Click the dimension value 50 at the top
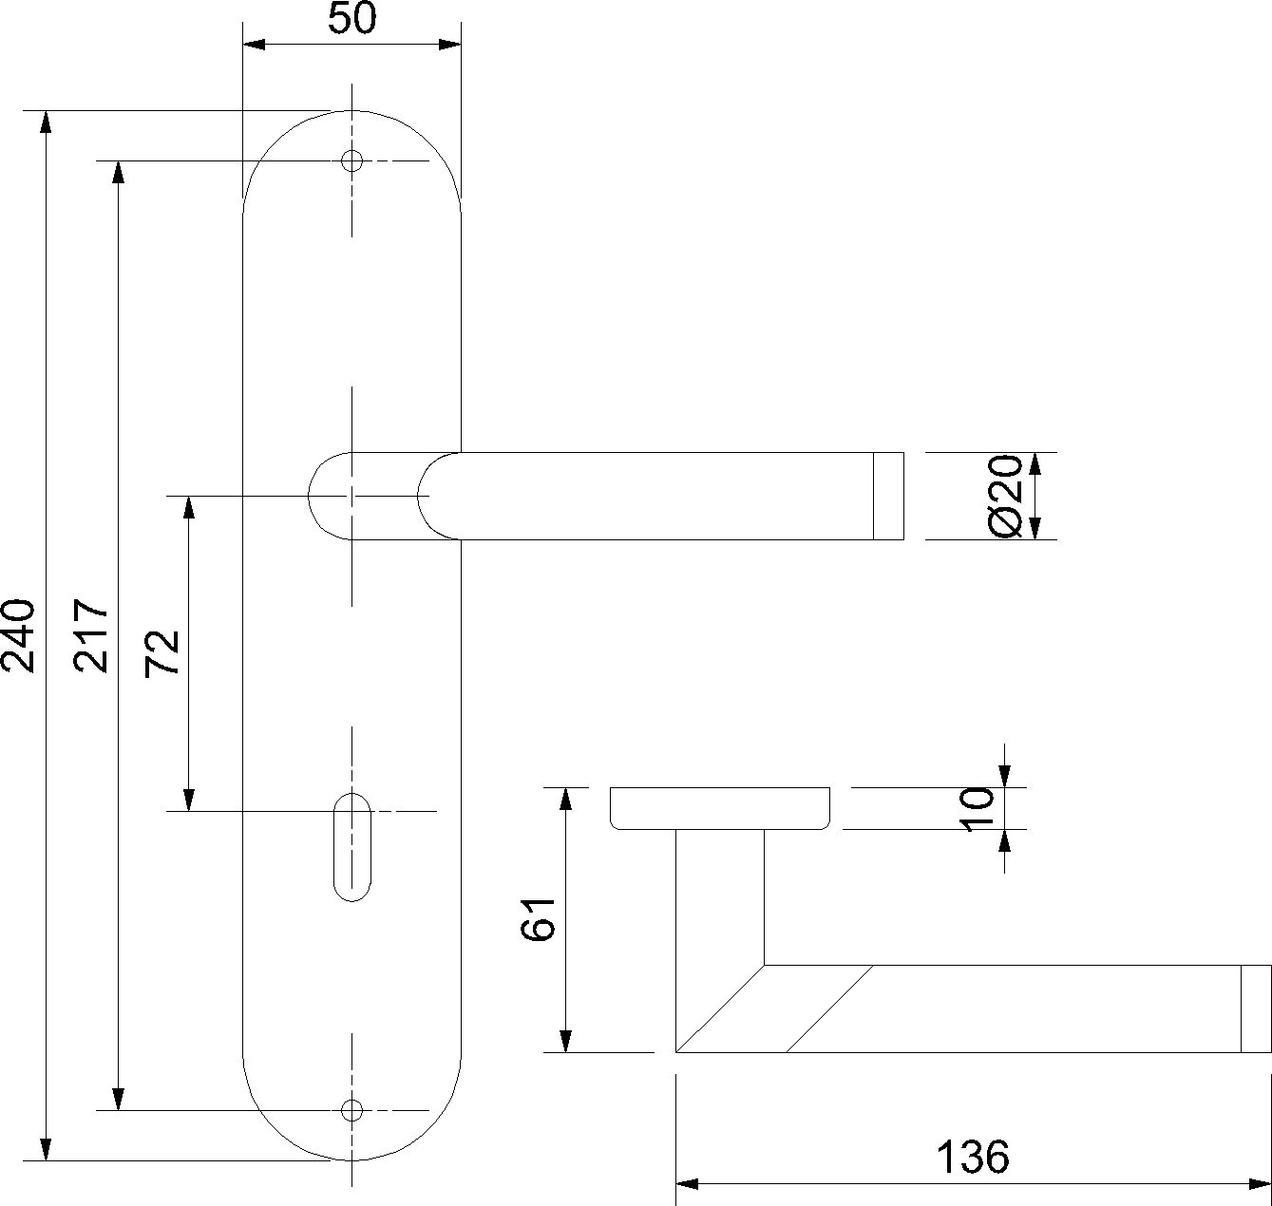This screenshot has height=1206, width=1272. [351, 19]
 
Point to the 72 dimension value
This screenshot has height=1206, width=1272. [163, 652]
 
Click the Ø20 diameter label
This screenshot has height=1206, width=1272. [1005, 496]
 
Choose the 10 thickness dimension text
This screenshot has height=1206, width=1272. [978, 809]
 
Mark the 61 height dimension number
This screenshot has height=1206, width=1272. [539, 918]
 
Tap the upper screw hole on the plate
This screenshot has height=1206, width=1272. [351, 160]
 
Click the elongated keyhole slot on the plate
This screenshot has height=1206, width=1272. [351, 846]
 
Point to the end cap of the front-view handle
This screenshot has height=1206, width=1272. [888, 496]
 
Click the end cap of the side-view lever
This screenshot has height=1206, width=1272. [1255, 1008]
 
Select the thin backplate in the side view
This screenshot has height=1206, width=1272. [719, 808]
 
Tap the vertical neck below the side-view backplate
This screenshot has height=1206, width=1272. [719, 893]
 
